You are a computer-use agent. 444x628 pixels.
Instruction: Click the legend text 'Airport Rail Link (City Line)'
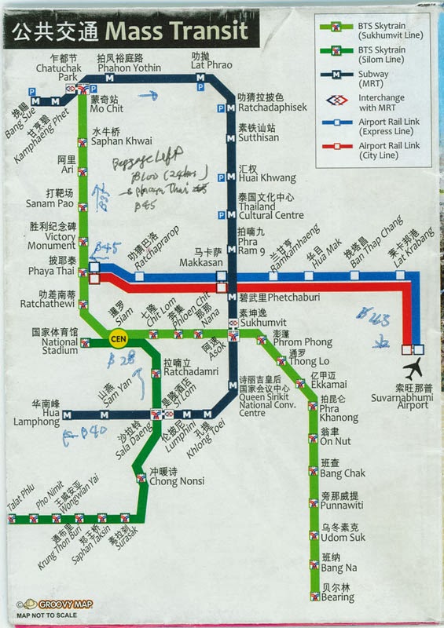point(388,151)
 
